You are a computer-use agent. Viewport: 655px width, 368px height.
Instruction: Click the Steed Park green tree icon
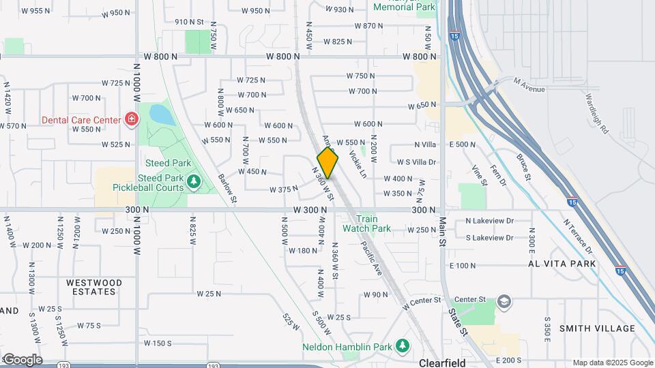pyautogui.click(x=194, y=181)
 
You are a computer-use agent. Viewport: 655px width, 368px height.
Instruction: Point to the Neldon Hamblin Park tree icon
pyautogui.click(x=403, y=346)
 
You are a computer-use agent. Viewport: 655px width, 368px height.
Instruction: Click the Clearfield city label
pyautogui.click(x=442, y=363)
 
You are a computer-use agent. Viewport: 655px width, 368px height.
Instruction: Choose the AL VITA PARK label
pyautogui.click(x=562, y=263)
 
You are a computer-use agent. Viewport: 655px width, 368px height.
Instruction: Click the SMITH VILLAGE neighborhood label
pyautogui.click(x=597, y=328)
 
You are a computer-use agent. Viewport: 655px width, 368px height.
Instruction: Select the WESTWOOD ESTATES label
pyautogui.click(x=94, y=287)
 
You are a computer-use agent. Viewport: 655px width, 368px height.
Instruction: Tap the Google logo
pyautogui.click(x=22, y=359)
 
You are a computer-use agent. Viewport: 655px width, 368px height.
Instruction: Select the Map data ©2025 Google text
pyautogui.click(x=612, y=363)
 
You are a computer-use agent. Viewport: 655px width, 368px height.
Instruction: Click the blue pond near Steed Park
pyautogui.click(x=162, y=114)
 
